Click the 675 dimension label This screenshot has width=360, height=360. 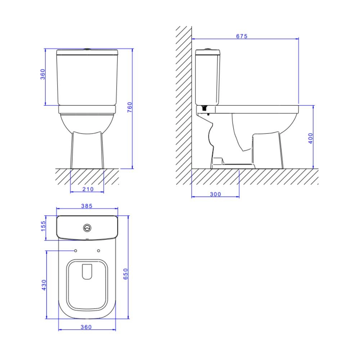point(242,36)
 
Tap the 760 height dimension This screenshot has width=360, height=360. point(130,107)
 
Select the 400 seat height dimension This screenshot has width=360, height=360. point(310,138)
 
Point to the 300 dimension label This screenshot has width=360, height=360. point(215,194)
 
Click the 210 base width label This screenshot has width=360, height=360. point(88,189)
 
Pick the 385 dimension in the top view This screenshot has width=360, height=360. point(87,206)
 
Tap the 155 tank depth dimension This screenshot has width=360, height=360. point(43,226)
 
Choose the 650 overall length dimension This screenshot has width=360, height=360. point(126,274)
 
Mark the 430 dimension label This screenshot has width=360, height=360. point(44,285)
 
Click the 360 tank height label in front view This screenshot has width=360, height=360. point(43,74)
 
